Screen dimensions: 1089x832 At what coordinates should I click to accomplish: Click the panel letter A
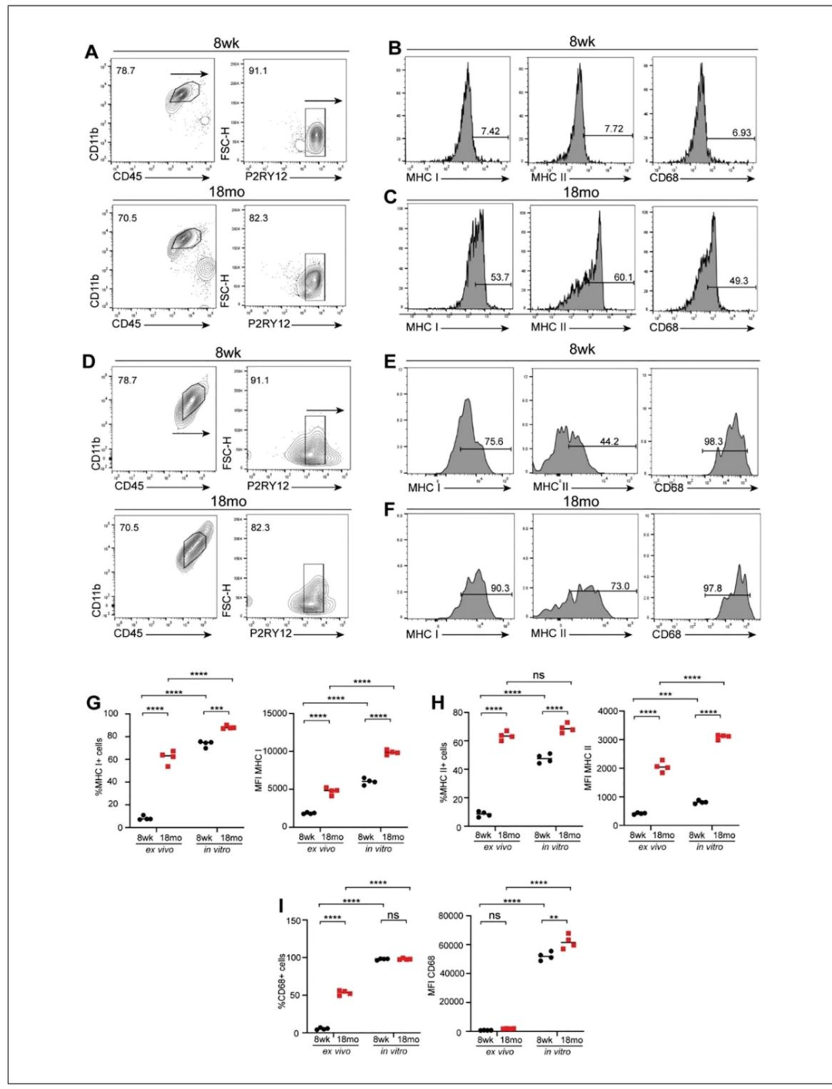(x=92, y=52)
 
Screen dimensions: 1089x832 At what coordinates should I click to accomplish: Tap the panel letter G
(x=94, y=703)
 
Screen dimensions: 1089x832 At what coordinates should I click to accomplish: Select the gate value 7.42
(x=491, y=131)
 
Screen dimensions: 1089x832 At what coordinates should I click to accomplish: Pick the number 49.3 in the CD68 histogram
(x=738, y=281)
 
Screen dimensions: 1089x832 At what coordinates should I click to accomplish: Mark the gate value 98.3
(x=713, y=442)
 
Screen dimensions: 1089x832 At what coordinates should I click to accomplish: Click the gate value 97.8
(x=713, y=588)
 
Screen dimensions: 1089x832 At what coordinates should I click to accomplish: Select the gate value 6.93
(x=741, y=133)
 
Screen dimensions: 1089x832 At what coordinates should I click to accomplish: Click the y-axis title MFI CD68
(x=431, y=973)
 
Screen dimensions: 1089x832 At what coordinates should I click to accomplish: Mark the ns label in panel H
(x=538, y=675)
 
